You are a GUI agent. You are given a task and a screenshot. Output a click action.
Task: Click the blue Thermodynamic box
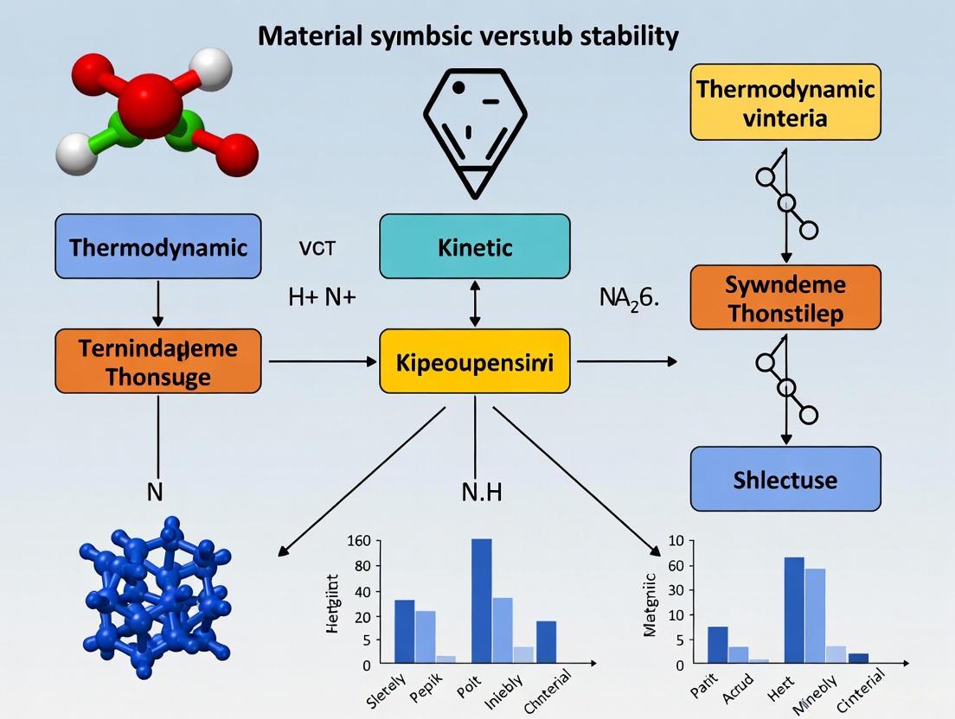[157, 247]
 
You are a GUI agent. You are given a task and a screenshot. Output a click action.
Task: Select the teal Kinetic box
[475, 247]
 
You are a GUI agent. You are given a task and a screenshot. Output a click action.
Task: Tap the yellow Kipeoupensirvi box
[475, 361]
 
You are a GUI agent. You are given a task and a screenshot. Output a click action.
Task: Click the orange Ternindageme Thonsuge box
[157, 361]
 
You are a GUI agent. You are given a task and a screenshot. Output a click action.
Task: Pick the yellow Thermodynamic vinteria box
[785, 102]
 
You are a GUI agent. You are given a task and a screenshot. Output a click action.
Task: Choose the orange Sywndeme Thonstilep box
[785, 297]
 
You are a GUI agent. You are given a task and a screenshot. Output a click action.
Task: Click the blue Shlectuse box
[785, 479]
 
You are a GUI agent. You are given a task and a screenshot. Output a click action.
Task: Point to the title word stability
[629, 36]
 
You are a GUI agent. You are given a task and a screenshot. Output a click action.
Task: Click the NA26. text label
[630, 299]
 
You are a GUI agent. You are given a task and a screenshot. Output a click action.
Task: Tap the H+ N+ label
[322, 299]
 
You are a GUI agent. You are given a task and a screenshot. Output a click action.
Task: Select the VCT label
[317, 249]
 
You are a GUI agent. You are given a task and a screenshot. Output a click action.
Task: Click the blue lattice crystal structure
[152, 596]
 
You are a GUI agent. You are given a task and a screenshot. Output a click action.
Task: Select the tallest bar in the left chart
[481, 601]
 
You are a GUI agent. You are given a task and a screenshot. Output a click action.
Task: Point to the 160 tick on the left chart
[358, 542]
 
